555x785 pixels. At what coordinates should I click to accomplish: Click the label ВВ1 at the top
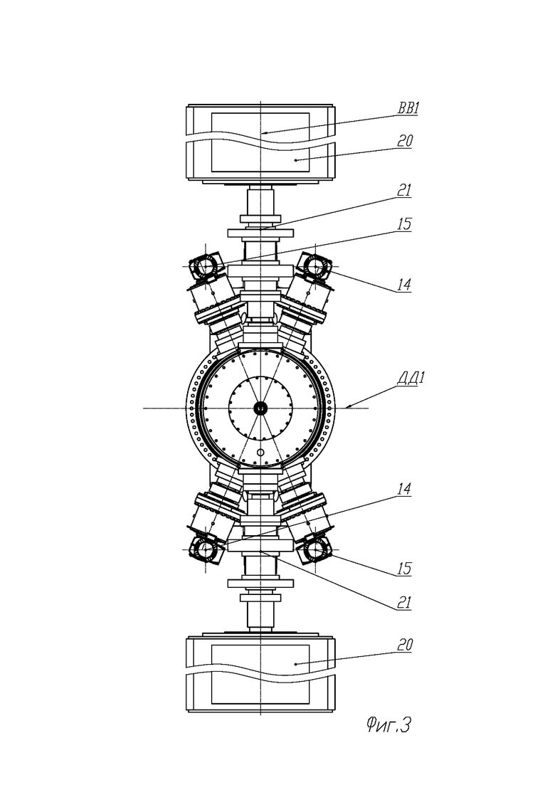point(408,108)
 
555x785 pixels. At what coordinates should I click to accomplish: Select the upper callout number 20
point(405,141)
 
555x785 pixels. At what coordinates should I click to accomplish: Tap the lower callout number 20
point(405,645)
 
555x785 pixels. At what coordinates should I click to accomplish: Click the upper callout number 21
point(404,190)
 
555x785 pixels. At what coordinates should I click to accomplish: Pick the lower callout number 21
point(404,602)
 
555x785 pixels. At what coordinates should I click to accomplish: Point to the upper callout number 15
point(404,223)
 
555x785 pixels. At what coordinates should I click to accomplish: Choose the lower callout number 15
point(404,569)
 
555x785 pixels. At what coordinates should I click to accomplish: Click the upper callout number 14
point(404,285)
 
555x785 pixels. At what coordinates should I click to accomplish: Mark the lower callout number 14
point(404,489)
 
